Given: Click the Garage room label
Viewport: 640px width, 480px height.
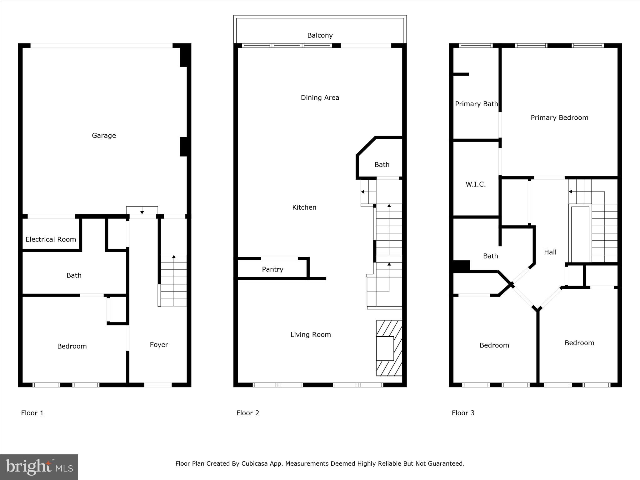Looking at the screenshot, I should pos(104,135).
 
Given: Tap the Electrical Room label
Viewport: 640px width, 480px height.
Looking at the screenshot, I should pos(51,239).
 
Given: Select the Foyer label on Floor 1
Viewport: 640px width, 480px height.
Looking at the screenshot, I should pos(159,344).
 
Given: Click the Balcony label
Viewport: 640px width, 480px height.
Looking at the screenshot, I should pos(320,35).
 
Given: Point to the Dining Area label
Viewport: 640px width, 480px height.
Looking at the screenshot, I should pos(320,97).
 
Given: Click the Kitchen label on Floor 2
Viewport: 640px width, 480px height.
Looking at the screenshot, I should pos(304,207).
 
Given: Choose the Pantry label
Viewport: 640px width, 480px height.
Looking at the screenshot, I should pos(272,269).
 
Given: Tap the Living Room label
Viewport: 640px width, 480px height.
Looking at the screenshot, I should pos(310,334).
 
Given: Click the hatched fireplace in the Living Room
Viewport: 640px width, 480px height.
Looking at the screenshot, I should pos(389,348).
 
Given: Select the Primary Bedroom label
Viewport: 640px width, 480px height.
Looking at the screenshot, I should pos(559,117).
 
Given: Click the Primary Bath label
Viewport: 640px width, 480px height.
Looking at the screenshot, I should pos(476,104).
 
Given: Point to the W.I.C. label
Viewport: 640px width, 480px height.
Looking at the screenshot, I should pos(476,184).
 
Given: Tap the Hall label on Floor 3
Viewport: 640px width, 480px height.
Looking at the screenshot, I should pos(550,252).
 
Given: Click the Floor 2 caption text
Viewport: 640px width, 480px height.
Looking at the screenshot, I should pos(247,413).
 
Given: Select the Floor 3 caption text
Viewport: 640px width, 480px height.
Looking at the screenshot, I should pos(463,413).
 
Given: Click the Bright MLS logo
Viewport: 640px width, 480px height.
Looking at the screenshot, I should pos(39,467).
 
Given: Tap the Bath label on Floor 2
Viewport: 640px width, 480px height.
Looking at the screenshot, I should pos(382,164).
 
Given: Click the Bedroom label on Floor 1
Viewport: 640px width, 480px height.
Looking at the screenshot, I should pos(72,346).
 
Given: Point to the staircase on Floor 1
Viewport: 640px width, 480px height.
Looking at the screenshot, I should pos(173,280).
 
